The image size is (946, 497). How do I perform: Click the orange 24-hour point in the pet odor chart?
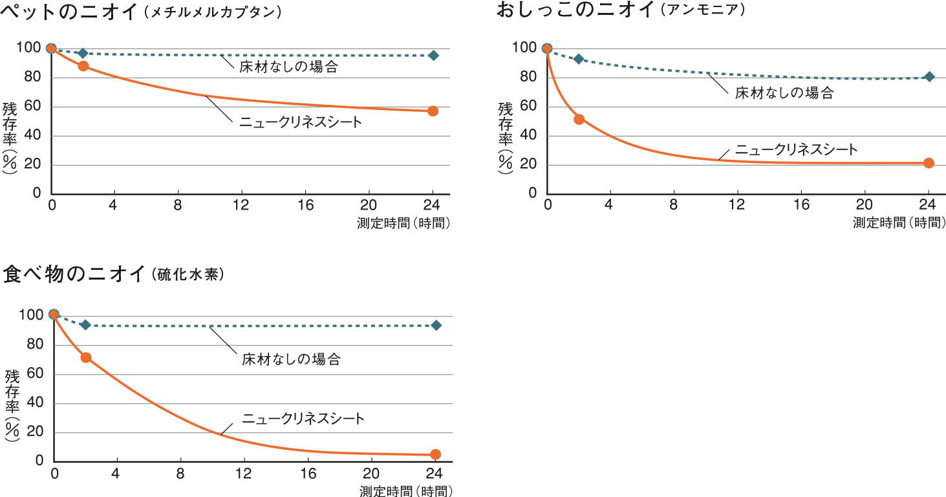pyautogui.click(x=433, y=111)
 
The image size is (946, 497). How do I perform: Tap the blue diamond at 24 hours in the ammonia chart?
pyautogui.click(x=929, y=77)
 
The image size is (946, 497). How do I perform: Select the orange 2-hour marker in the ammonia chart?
pyautogui.click(x=579, y=119)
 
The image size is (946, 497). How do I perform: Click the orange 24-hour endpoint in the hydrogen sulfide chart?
pyautogui.click(x=436, y=454)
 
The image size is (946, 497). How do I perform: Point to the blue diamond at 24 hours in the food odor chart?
pyautogui.click(x=436, y=325)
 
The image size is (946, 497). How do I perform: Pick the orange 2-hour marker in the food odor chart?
pyautogui.click(x=86, y=357)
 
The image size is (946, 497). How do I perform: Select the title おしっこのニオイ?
pyautogui.click(x=575, y=10)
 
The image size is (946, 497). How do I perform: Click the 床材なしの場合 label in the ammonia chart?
pyautogui.click(x=784, y=93)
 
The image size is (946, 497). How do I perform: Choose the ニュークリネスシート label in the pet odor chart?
pyautogui.click(x=301, y=122)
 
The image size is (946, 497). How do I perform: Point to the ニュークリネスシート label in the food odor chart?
pyautogui.click(x=304, y=419)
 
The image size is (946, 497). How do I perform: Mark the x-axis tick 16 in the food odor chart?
pyautogui.click(x=308, y=474)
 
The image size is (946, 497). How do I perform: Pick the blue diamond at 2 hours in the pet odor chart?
pyautogui.click(x=83, y=53)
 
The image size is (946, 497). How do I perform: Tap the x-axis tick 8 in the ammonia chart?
pyautogui.click(x=674, y=206)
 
